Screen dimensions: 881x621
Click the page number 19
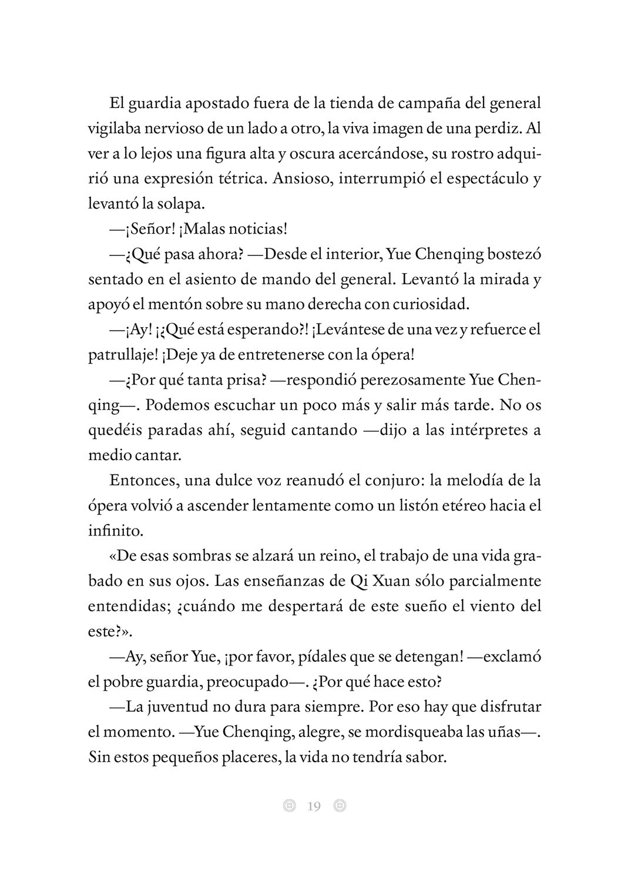pos(314,806)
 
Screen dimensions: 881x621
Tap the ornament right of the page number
pos(340,806)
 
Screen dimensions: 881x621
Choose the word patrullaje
pos(119,355)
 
